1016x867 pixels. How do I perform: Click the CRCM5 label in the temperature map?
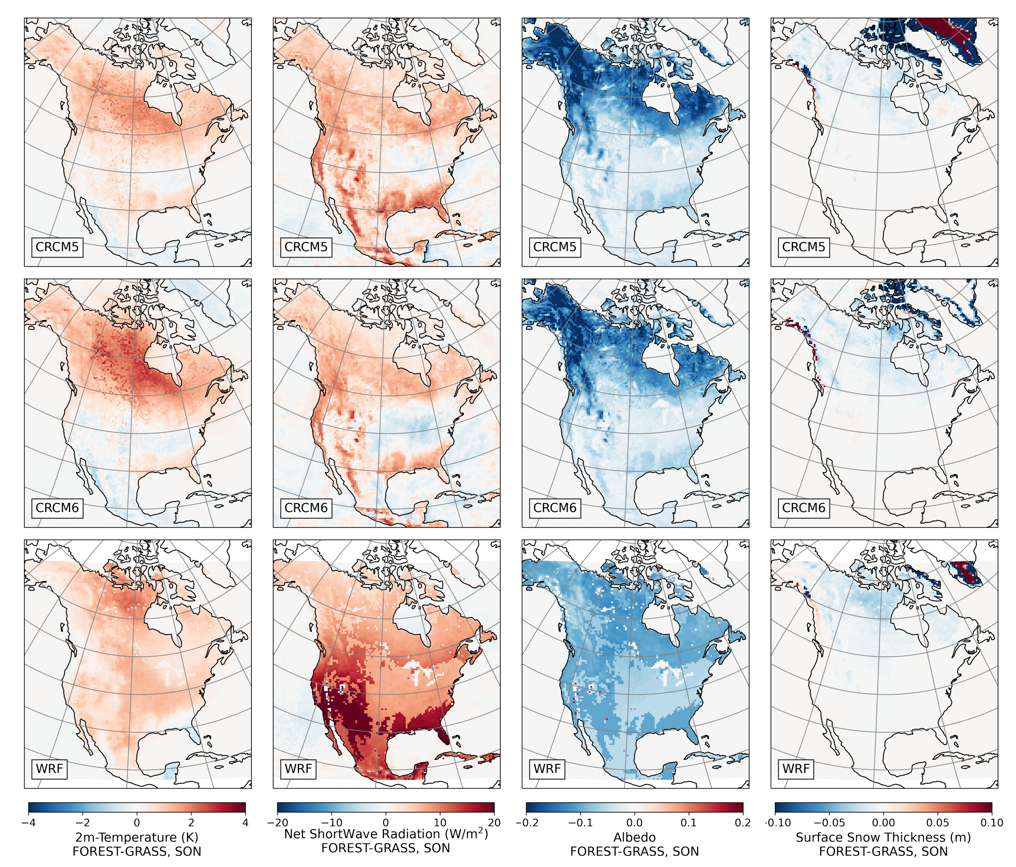pos(57,247)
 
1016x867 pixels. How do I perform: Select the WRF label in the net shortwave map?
pos(298,769)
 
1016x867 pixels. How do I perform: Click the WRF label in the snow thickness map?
pos(795,769)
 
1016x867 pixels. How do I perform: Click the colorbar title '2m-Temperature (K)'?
pos(137,837)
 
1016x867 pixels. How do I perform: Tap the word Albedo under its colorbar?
pos(634,837)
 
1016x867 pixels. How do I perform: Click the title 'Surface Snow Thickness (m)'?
pos(883,837)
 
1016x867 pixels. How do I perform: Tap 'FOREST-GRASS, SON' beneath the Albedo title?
pos(634,852)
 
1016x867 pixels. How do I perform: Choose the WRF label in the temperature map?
pos(50,769)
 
